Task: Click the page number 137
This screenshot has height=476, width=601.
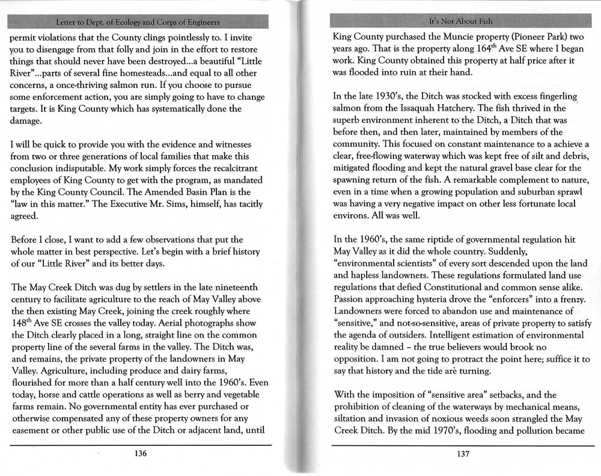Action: (462, 454)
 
